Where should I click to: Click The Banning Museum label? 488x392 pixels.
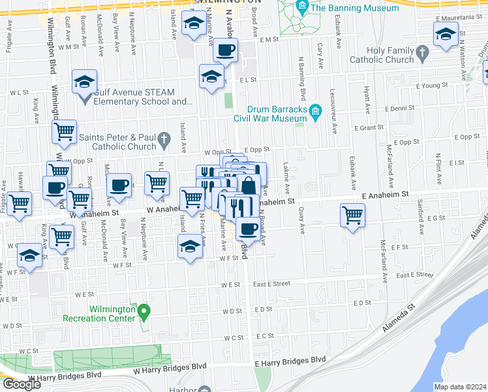(355, 8)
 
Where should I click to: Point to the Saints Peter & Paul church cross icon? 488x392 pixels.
(164, 137)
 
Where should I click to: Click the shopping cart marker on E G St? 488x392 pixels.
(352, 215)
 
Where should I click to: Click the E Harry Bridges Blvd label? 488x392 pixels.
(290, 360)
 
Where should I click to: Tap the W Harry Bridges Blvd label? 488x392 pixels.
(65, 376)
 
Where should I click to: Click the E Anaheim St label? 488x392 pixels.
(384, 195)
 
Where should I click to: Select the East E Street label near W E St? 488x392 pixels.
(271, 284)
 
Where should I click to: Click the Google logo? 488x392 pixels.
(22, 384)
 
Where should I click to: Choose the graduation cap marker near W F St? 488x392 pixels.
(189, 247)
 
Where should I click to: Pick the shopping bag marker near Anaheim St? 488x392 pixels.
(248, 186)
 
